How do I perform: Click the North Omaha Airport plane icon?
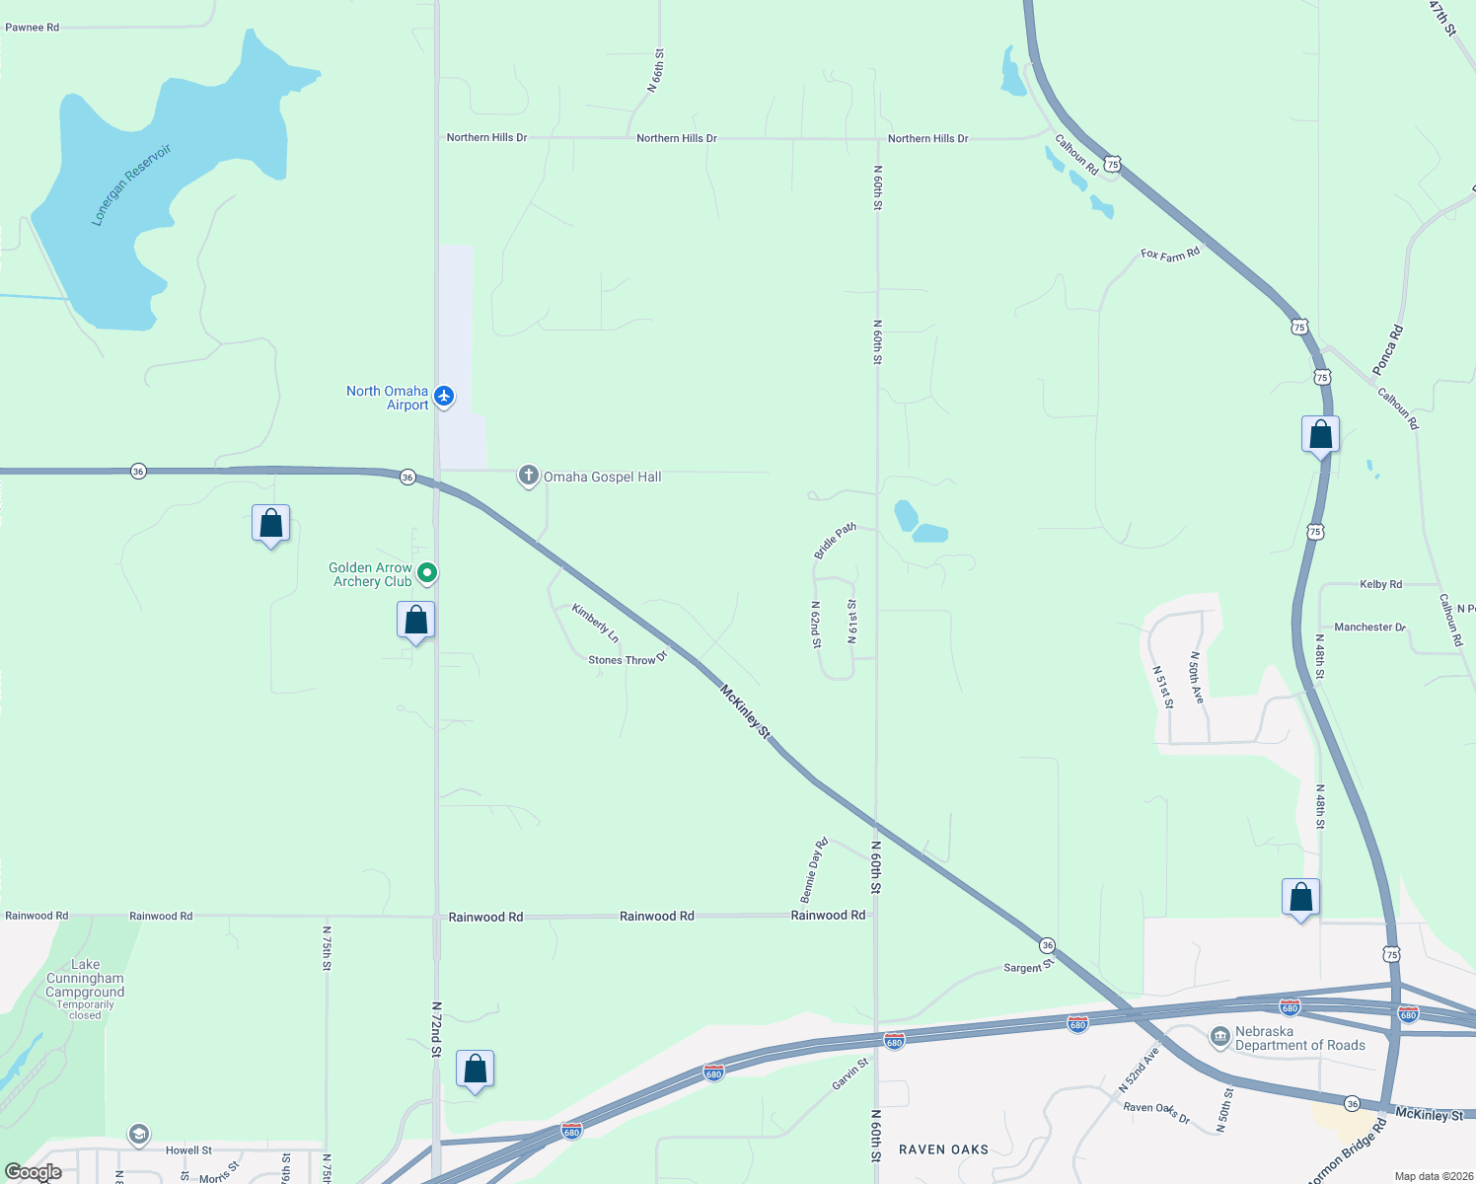[444, 397]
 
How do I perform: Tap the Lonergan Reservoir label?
[131, 185]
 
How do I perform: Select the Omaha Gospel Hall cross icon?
[529, 477]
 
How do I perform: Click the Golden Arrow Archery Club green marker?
[427, 572]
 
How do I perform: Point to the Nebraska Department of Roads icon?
[1220, 1037]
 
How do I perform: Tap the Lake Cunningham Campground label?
[85, 979]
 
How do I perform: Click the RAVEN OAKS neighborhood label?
[943, 1149]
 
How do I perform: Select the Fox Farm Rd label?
[1170, 255]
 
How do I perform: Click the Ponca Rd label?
[1387, 348]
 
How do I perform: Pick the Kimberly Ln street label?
[595, 624]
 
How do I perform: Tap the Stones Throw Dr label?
[627, 659]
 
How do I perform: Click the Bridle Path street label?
[835, 542]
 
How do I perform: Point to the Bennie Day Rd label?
[814, 870]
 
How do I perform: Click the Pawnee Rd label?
[33, 28]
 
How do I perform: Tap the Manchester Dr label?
[1369, 628]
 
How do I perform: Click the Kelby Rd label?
[1380, 585]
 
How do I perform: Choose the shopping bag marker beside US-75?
[1320, 434]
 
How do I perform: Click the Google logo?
[33, 1172]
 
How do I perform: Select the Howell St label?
[188, 1150]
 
